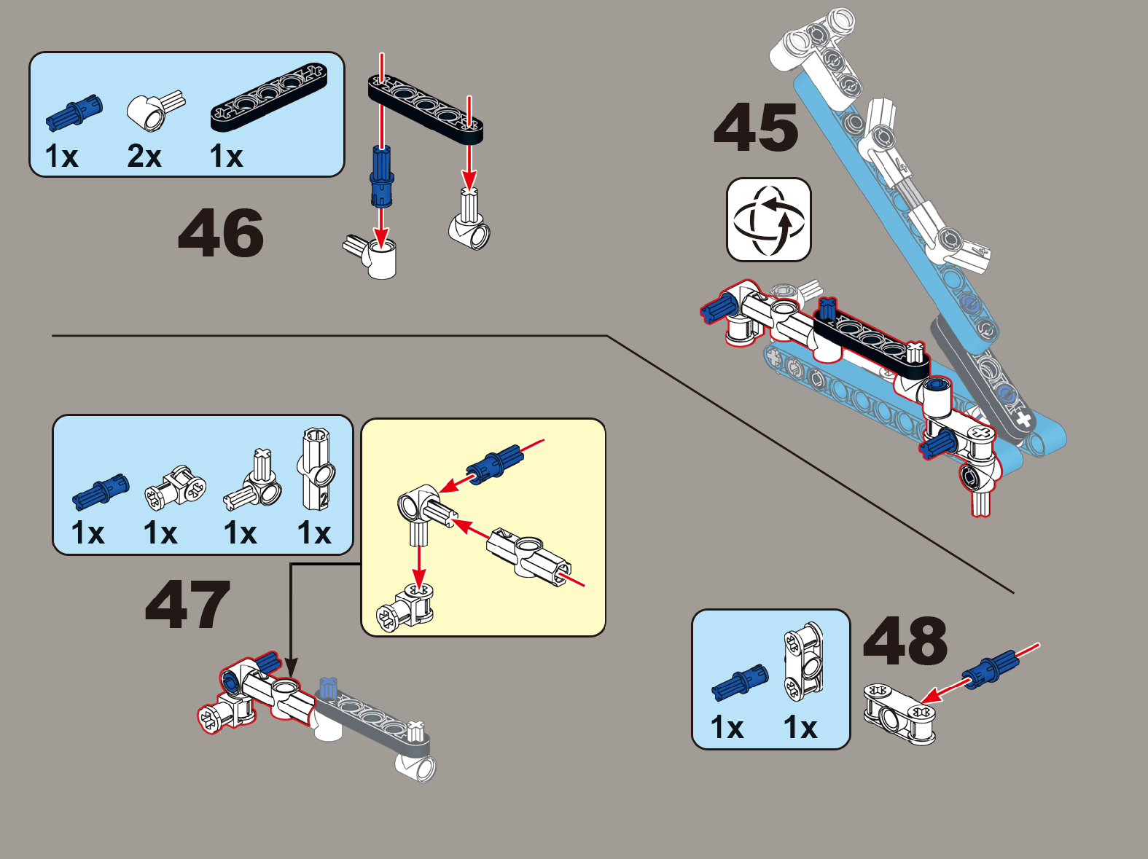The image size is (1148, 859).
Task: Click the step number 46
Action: (x=221, y=232)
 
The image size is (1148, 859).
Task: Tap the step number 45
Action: (x=756, y=127)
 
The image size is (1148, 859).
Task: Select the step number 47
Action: (x=188, y=604)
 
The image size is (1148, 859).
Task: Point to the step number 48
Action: (x=905, y=641)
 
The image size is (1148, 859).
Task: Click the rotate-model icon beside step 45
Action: (x=769, y=219)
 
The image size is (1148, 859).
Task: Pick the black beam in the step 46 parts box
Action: (x=269, y=98)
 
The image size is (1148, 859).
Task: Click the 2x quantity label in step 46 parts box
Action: (x=144, y=156)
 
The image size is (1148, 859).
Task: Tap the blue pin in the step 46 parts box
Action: (x=74, y=112)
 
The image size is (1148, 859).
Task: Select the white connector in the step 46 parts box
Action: (x=155, y=111)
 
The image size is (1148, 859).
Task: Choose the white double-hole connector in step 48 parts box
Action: (x=804, y=661)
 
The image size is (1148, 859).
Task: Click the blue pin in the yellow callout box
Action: (x=494, y=464)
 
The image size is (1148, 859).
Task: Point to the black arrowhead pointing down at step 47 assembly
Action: (x=291, y=669)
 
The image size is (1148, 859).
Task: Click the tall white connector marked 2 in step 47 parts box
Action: (x=317, y=469)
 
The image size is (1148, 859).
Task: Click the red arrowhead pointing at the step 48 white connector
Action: (x=930, y=696)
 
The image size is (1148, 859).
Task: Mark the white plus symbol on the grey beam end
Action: (x=1023, y=419)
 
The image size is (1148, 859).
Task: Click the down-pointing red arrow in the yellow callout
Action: (x=418, y=565)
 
